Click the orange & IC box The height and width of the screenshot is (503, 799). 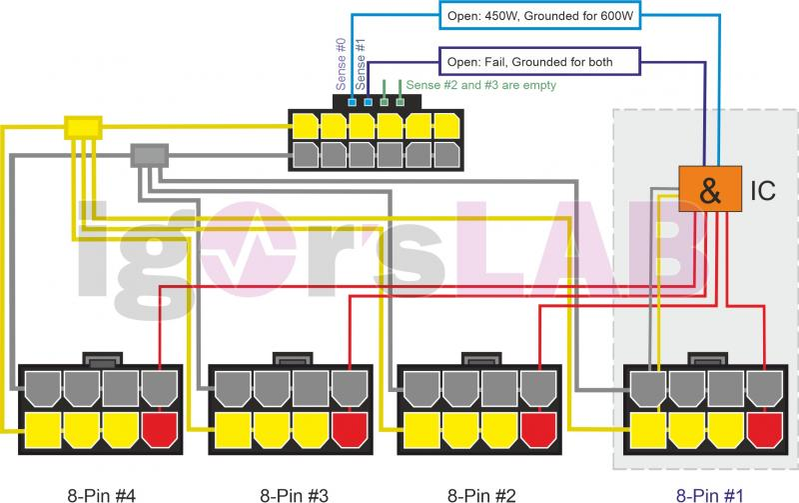[x=709, y=188]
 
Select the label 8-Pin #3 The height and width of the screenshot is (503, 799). [x=291, y=492]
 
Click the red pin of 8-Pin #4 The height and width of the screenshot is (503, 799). [x=159, y=430]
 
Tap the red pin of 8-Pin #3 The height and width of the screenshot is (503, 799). [x=349, y=430]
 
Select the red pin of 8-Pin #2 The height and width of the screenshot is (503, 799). [x=538, y=430]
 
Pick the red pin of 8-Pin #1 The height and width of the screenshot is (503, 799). [x=764, y=430]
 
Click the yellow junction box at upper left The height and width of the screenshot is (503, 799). [x=82, y=127]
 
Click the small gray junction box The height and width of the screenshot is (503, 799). [x=149, y=155]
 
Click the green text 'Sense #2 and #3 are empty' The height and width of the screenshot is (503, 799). [x=480, y=86]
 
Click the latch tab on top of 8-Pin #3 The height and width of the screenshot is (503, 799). [x=292, y=357]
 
